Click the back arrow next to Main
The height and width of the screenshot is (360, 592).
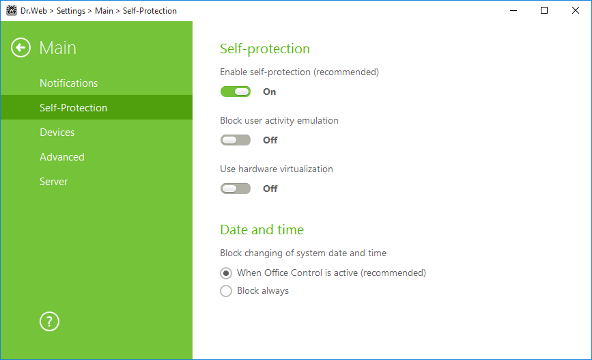point(20,48)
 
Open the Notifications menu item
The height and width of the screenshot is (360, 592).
point(69,83)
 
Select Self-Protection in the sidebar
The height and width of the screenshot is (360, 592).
point(73,108)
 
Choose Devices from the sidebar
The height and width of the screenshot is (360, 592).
point(57,133)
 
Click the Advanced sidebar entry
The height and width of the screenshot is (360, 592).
point(62,156)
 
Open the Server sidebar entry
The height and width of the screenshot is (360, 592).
point(54,181)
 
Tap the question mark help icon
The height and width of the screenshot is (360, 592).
point(49,322)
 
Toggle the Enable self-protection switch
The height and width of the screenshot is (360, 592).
point(235,92)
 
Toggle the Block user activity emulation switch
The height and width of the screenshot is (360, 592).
point(235,140)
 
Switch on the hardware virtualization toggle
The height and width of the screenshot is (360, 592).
point(235,189)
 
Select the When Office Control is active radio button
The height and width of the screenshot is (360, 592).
point(226,273)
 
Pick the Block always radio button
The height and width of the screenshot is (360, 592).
point(226,291)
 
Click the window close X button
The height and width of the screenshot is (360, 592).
point(576,10)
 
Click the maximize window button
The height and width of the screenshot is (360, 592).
point(544,10)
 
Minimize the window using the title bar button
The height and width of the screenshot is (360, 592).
point(513,10)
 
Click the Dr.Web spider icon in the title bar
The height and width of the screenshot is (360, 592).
point(12,10)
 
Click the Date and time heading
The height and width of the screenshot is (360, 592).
point(262,230)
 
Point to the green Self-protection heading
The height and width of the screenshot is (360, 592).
point(265,49)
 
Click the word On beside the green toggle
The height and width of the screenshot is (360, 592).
point(269,92)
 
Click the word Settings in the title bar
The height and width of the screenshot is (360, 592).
point(71,11)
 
